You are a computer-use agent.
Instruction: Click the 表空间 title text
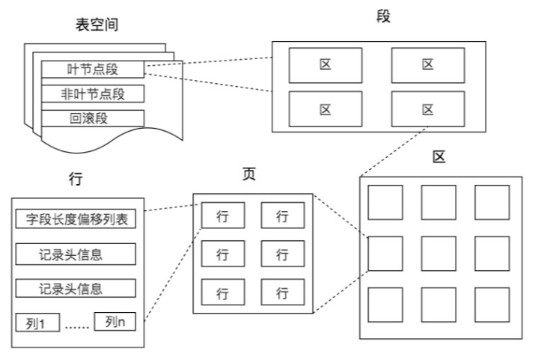[97, 25]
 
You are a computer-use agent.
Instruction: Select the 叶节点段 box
[92, 70]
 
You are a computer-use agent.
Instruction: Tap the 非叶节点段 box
[92, 94]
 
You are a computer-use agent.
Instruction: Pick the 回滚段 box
[92, 118]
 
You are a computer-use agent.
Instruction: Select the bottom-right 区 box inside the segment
[427, 109]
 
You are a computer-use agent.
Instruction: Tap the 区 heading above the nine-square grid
[439, 156]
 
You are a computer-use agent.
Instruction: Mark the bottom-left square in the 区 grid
[385, 305]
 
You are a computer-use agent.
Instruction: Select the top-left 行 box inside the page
[222, 216]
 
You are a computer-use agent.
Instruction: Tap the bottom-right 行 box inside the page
[282, 292]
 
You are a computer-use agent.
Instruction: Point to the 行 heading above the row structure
[75, 180]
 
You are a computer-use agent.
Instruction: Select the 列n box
[114, 323]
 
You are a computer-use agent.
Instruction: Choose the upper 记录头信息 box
[75, 254]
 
